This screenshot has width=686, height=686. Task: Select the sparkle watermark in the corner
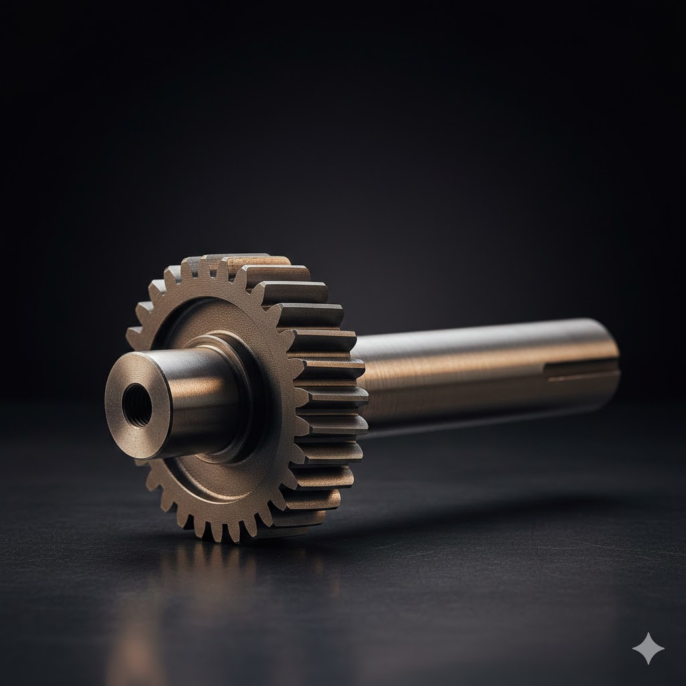648,648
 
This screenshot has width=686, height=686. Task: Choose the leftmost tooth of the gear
133,335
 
